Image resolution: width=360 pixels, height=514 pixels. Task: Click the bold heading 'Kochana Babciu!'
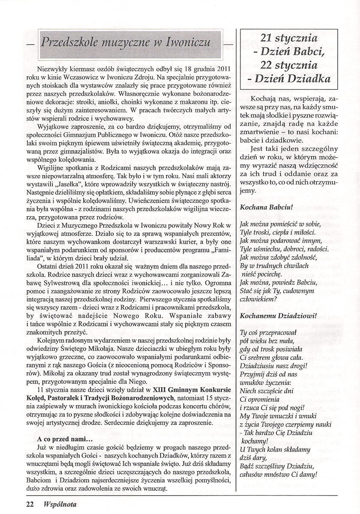pyautogui.click(x=266, y=207)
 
